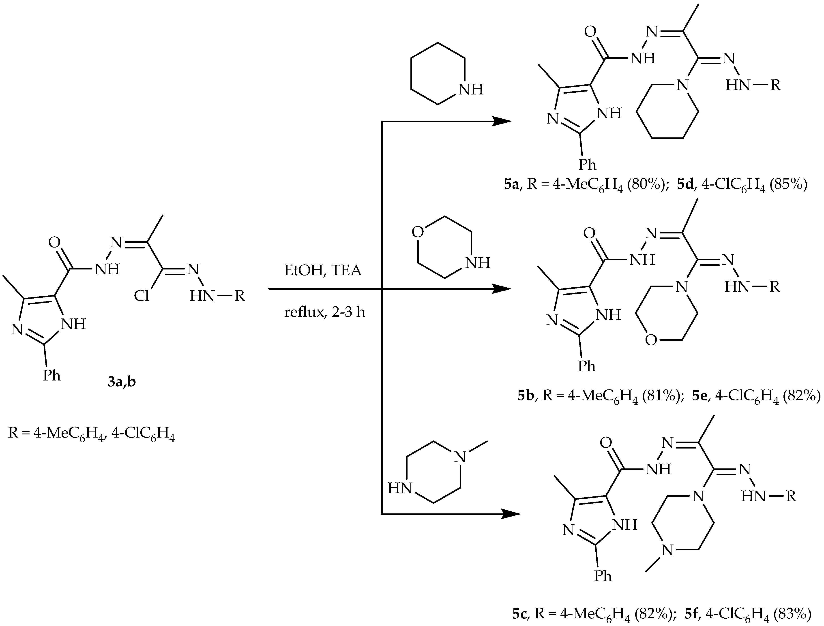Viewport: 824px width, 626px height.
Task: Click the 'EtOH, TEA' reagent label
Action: tap(323, 271)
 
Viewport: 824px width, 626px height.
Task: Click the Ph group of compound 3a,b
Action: tap(51, 375)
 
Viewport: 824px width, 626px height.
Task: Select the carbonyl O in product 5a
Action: tap(590, 32)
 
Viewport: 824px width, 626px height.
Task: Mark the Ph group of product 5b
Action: tap(587, 366)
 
